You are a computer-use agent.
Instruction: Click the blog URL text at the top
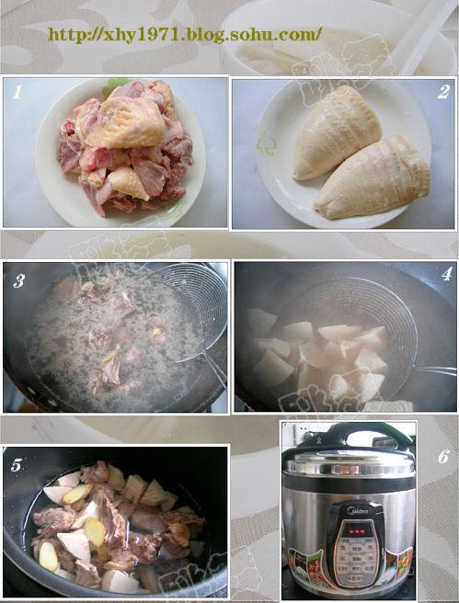coord(184,36)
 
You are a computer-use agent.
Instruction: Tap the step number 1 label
coord(17,91)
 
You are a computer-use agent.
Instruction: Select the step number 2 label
coord(442,91)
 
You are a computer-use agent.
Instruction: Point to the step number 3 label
coord(18,280)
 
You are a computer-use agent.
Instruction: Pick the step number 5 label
coord(17,464)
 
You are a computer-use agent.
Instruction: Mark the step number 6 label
coord(442,457)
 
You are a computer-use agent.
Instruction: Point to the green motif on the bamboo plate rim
coord(266,145)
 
